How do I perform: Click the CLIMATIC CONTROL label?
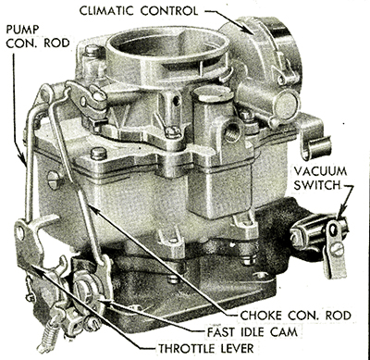pyautogui.click(x=139, y=11)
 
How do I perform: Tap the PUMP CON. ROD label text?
pyautogui.click(x=38, y=36)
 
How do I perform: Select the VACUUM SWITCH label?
pyautogui.click(x=320, y=178)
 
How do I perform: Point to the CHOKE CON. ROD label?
pyautogui.click(x=295, y=316)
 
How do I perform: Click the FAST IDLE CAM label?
pyautogui.click(x=253, y=332)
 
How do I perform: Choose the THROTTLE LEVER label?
pyautogui.click(x=206, y=348)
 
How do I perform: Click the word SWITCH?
pyautogui.click(x=316, y=185)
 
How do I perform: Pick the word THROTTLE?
pyautogui.click(x=184, y=348)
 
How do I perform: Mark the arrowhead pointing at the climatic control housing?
pyautogui.click(x=251, y=29)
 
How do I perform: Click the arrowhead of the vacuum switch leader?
pyautogui.click(x=339, y=215)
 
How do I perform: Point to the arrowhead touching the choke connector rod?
pyautogui.click(x=93, y=209)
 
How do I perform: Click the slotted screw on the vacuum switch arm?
pyautogui.click(x=337, y=249)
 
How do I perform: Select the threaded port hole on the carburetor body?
pyautogui.click(x=232, y=131)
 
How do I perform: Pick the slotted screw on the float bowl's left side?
pyautogui.click(x=55, y=180)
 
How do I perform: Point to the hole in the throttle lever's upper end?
pyautogui.click(x=20, y=233)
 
